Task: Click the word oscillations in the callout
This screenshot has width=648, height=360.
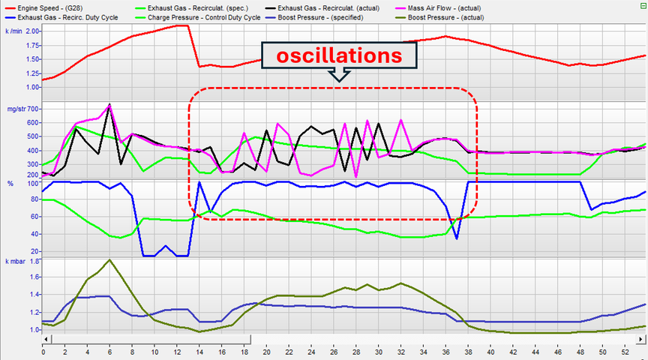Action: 339,55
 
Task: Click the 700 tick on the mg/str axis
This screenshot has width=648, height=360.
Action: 32,109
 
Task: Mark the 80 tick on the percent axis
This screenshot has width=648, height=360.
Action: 34,199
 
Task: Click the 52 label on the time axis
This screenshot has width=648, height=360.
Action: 625,351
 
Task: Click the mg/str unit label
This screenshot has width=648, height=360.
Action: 15,109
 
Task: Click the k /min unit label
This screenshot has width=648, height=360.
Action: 15,31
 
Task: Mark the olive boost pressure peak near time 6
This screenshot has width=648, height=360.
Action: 110,260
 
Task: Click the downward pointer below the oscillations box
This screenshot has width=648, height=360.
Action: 339,75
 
